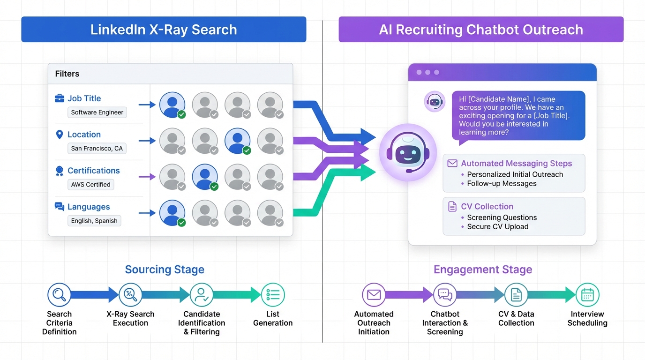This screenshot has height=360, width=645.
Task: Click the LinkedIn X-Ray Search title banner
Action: [164, 30]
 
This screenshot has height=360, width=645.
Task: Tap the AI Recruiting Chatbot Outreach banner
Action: [481, 30]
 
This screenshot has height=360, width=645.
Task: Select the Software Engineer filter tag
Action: [97, 112]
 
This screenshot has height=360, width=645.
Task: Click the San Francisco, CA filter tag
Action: [97, 149]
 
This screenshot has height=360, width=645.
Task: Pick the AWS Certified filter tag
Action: [90, 185]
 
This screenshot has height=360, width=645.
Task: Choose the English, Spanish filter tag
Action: [94, 221]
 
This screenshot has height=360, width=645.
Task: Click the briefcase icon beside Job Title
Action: [60, 98]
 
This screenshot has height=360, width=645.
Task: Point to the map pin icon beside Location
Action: [60, 135]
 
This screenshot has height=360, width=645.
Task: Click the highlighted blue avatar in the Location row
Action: [237, 141]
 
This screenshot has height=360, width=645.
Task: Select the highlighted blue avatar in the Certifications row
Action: [205, 177]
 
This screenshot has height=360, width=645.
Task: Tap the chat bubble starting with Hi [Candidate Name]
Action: [518, 115]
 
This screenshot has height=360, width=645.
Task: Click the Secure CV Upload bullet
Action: [497, 227]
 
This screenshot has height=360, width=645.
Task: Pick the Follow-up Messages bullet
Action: [502, 184]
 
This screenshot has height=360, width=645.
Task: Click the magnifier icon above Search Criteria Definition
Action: [59, 295]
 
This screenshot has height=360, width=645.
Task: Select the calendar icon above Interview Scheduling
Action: [587, 295]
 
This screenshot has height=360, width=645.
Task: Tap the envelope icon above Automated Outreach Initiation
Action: [374, 295]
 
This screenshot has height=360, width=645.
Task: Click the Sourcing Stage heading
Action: [165, 270]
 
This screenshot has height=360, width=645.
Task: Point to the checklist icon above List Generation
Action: [273, 295]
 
